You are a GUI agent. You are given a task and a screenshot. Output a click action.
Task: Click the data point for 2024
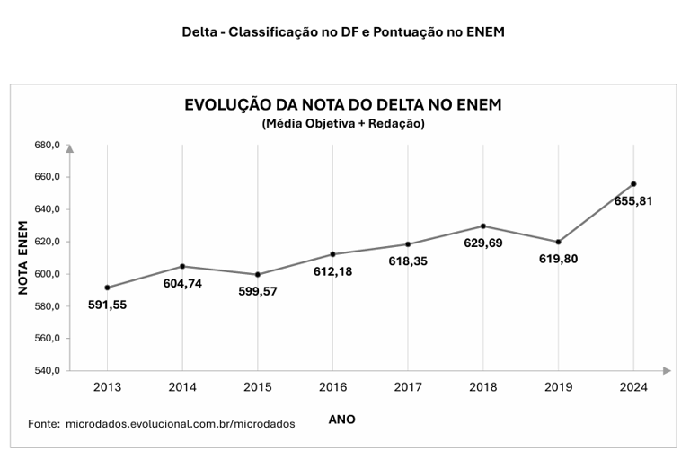(633, 184)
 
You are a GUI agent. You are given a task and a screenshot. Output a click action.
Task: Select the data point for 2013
(107, 287)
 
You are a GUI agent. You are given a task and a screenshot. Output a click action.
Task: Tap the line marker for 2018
(483, 226)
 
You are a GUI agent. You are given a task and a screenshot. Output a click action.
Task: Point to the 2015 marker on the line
(258, 275)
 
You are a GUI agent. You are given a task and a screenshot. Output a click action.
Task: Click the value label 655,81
(633, 201)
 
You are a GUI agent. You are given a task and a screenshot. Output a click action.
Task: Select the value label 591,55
(107, 305)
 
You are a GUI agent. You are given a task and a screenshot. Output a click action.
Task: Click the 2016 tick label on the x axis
(332, 388)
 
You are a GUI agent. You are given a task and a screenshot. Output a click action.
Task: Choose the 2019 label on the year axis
(558, 388)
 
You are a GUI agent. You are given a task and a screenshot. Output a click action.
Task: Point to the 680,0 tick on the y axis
(47, 145)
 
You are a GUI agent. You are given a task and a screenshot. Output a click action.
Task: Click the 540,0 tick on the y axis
(47, 370)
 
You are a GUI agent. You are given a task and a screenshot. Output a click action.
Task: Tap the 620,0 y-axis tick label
(47, 242)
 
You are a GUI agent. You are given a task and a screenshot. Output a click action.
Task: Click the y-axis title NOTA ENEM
(24, 259)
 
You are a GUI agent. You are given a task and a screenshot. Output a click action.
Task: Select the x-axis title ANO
(341, 420)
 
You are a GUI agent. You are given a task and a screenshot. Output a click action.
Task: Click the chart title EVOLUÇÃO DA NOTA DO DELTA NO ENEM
(342, 105)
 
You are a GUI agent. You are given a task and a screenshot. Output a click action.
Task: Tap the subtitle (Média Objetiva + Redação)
(342, 124)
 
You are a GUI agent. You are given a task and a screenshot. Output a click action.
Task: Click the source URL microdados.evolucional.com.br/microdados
(180, 423)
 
